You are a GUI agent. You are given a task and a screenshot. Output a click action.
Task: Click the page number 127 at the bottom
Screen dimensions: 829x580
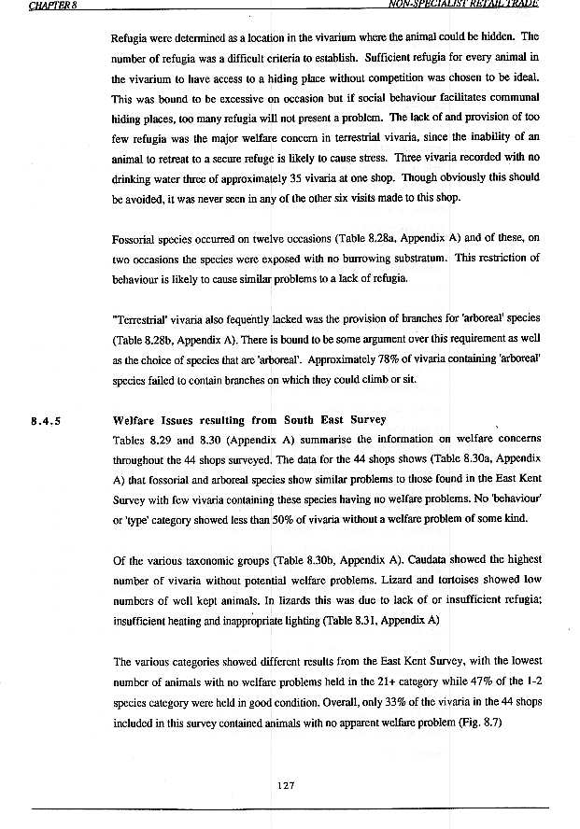pos(288,785)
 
